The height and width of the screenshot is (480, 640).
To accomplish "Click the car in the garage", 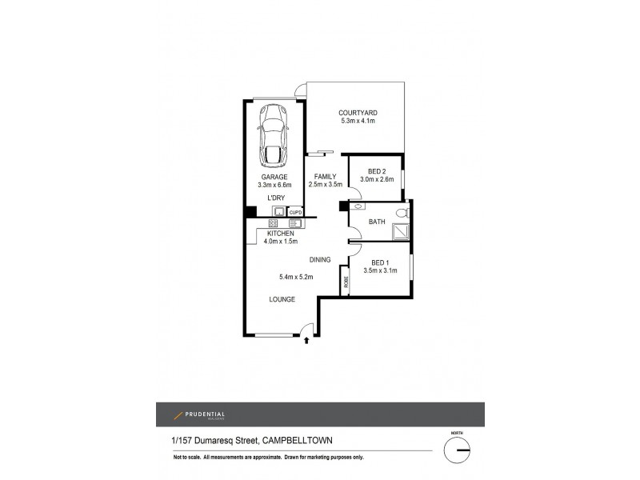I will [x=274, y=135].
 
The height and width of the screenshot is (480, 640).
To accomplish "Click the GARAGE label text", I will [x=274, y=177].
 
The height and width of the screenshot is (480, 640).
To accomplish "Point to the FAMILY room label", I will [x=324, y=176].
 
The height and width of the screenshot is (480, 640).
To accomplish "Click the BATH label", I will [x=378, y=222].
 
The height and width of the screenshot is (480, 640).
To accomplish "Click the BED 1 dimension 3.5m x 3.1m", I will [x=380, y=271].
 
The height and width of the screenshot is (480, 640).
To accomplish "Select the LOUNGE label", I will [x=282, y=299].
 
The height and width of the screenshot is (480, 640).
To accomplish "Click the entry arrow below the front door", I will [x=308, y=341].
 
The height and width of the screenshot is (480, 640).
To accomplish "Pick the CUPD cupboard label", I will [x=295, y=212].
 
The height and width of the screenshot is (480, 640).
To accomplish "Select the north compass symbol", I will [x=459, y=450].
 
